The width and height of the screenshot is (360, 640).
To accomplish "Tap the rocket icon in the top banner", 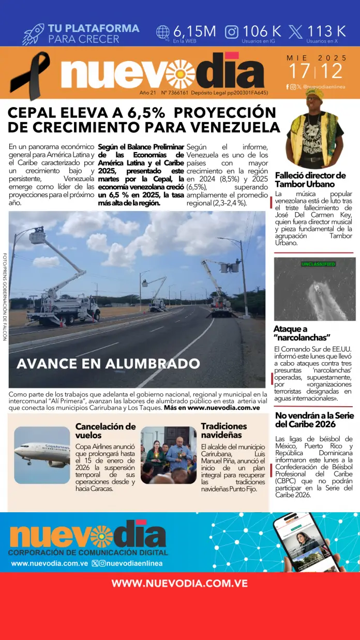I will (33, 34).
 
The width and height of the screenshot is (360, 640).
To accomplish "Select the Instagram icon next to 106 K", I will (232, 32).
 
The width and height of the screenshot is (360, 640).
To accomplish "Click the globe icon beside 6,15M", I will (163, 32).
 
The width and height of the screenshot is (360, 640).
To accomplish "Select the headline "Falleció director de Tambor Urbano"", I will (310, 180).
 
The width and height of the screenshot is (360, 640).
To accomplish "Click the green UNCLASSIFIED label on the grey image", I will (318, 264).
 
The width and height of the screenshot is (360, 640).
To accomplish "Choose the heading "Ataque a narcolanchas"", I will (302, 333).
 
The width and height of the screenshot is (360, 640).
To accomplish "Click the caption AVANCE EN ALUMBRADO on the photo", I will (108, 363).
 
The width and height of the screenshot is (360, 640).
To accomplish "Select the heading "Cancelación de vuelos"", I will (106, 430).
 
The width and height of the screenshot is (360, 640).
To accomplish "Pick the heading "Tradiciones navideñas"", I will (224, 430).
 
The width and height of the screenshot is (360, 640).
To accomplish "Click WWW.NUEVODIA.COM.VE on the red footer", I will (179, 584).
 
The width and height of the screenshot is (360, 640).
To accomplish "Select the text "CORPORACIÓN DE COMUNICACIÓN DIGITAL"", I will (87, 553).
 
